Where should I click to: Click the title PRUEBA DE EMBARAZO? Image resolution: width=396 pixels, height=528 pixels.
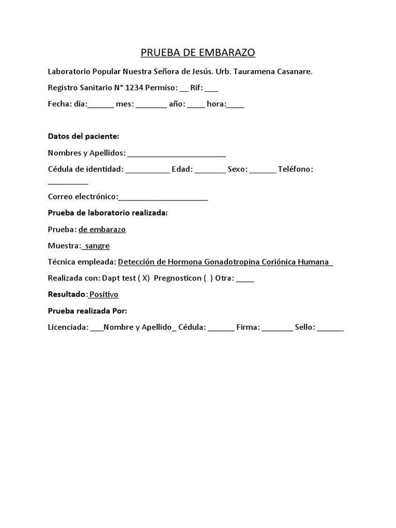click(199, 53)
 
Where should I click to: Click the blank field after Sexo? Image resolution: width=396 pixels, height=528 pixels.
click(262, 171)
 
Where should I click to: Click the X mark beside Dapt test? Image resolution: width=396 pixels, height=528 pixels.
click(145, 278)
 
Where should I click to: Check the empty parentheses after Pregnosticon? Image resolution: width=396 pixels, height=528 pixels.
click(208, 278)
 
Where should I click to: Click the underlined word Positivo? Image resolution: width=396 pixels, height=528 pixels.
click(104, 294)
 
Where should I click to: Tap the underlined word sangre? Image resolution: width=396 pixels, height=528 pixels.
click(97, 246)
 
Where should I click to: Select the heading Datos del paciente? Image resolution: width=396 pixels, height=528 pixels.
click(84, 136)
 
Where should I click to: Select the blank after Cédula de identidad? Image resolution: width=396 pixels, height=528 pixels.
click(147, 171)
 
